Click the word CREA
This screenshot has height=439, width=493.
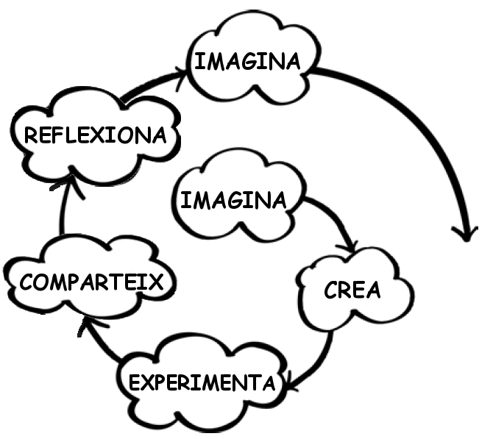(352, 290)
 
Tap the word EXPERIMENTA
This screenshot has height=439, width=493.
(202, 382)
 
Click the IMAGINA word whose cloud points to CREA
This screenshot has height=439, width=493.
(233, 200)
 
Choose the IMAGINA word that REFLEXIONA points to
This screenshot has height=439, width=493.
(246, 61)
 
